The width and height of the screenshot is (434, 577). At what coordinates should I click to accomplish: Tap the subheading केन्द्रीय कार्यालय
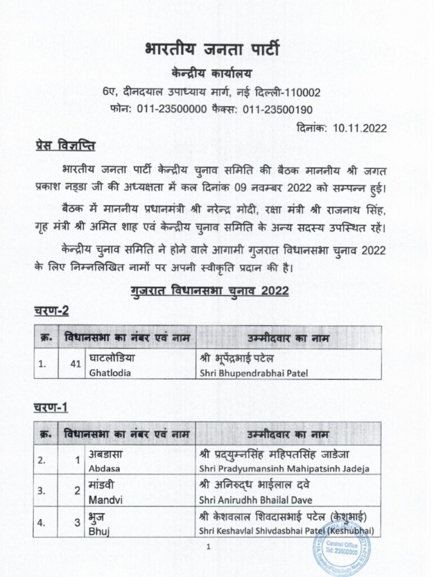pyautogui.click(x=217, y=73)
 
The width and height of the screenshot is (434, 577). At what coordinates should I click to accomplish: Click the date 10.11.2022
pyautogui.click(x=360, y=128)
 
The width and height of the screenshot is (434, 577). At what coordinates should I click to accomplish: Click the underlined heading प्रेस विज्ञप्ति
pyautogui.click(x=65, y=147)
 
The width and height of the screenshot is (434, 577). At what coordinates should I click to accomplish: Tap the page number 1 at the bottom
pyautogui.click(x=208, y=545)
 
